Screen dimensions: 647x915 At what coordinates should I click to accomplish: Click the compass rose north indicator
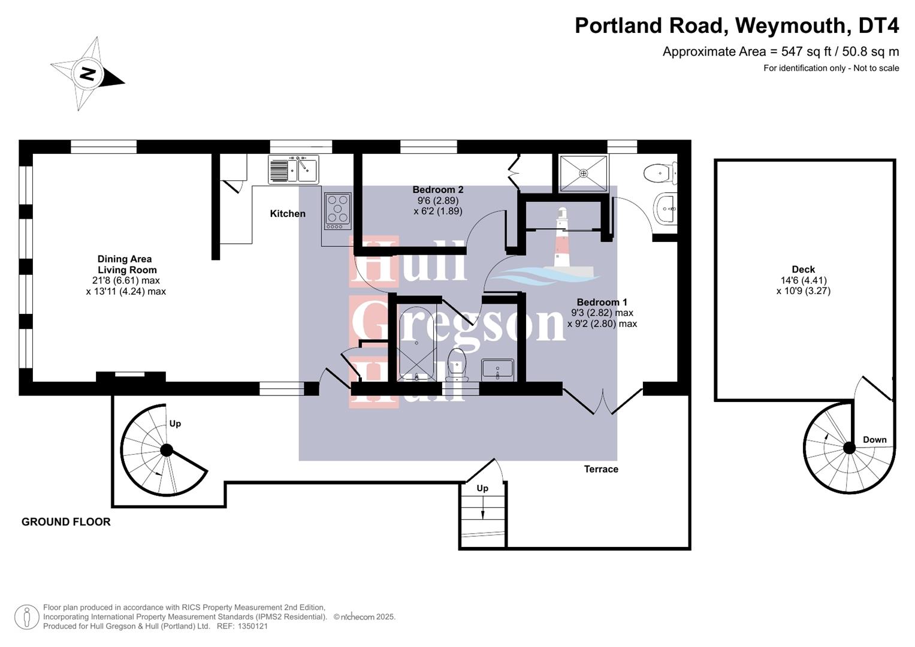click(x=87, y=74)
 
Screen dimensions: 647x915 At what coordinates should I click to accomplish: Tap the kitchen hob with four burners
click(x=338, y=210)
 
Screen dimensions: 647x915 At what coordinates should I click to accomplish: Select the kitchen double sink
click(x=294, y=169)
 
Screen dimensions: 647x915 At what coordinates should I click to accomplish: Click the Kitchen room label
click(x=288, y=214)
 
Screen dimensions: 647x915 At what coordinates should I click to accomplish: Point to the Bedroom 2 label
click(x=437, y=190)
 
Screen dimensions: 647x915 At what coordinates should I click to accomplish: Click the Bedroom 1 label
click(x=602, y=303)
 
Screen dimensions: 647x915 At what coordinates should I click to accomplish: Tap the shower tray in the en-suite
click(x=583, y=174)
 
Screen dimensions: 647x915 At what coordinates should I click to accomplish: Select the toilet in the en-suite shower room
click(x=659, y=173)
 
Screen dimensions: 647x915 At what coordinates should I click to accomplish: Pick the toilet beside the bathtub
click(x=457, y=365)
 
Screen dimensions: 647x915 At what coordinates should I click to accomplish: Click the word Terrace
click(x=601, y=469)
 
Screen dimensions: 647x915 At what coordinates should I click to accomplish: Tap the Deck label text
click(x=803, y=270)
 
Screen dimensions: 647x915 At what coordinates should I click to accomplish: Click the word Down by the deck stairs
click(x=874, y=440)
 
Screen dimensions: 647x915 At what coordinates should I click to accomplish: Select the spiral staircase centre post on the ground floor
click(x=167, y=449)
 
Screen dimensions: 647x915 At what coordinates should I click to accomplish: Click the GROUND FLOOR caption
click(x=66, y=522)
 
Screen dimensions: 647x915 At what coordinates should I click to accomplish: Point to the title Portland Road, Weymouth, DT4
click(x=736, y=26)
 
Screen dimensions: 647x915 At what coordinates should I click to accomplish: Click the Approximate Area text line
click(x=780, y=52)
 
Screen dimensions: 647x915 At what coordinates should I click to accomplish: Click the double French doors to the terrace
click(x=603, y=400)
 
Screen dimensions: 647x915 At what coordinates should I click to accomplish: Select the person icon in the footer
click(x=27, y=616)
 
